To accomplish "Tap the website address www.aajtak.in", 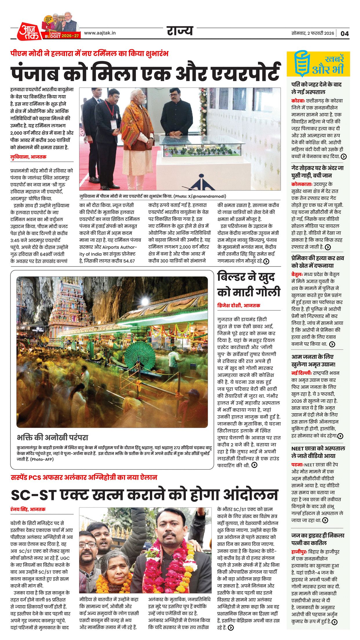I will click(100, 33).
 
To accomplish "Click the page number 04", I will click(344, 33).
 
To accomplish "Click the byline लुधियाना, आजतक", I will click(28, 157).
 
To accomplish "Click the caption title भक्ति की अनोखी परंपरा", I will click(52, 437).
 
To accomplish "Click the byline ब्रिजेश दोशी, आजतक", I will click(239, 305).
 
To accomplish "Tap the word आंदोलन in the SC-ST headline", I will click(249, 495).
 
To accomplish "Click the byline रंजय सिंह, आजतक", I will click(28, 509).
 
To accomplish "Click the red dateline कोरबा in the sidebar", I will click(298, 101).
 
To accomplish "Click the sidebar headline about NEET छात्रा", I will click(318, 452).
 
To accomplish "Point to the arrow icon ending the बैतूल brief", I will click(332, 344).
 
